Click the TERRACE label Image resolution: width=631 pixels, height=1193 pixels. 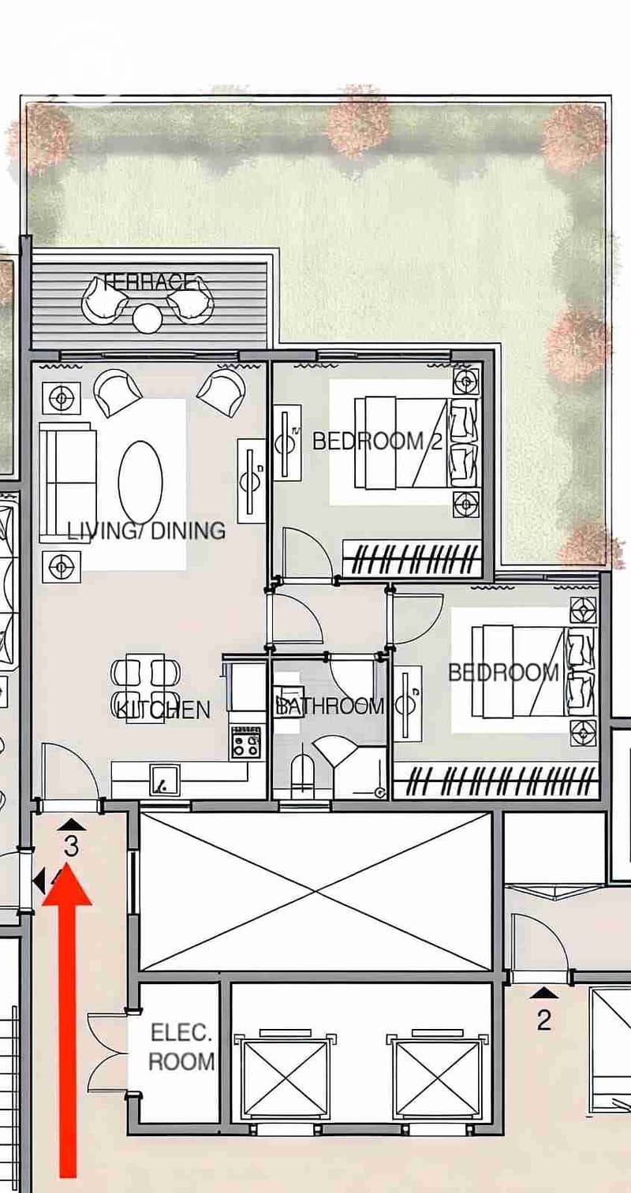(151, 281)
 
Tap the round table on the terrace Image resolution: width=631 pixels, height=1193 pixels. (147, 319)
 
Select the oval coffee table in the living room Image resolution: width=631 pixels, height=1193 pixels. (140, 483)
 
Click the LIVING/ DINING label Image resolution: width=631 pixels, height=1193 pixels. (146, 531)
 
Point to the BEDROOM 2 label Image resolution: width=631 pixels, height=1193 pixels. (377, 441)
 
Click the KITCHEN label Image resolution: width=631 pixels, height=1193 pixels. (163, 710)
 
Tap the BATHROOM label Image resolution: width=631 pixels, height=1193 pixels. (330, 706)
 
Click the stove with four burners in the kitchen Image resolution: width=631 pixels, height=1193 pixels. (246, 742)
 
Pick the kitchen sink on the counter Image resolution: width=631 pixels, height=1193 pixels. (165, 780)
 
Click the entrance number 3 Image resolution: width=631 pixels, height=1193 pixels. (72, 846)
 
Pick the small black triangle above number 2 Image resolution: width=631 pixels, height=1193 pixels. (543, 993)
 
